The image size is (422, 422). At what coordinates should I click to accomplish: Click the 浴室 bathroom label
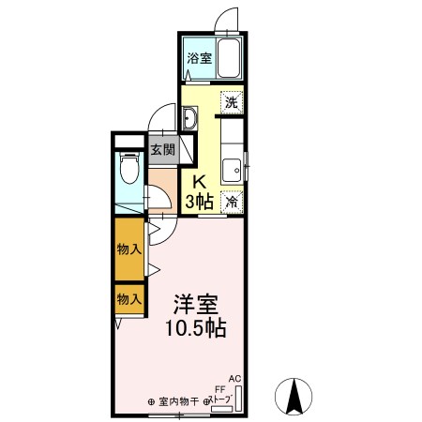coord(198,58)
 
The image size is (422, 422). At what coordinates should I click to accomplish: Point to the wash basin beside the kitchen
coord(190,119)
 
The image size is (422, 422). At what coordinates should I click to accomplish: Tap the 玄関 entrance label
coord(163,149)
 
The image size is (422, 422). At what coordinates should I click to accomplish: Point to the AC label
coord(234,379)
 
